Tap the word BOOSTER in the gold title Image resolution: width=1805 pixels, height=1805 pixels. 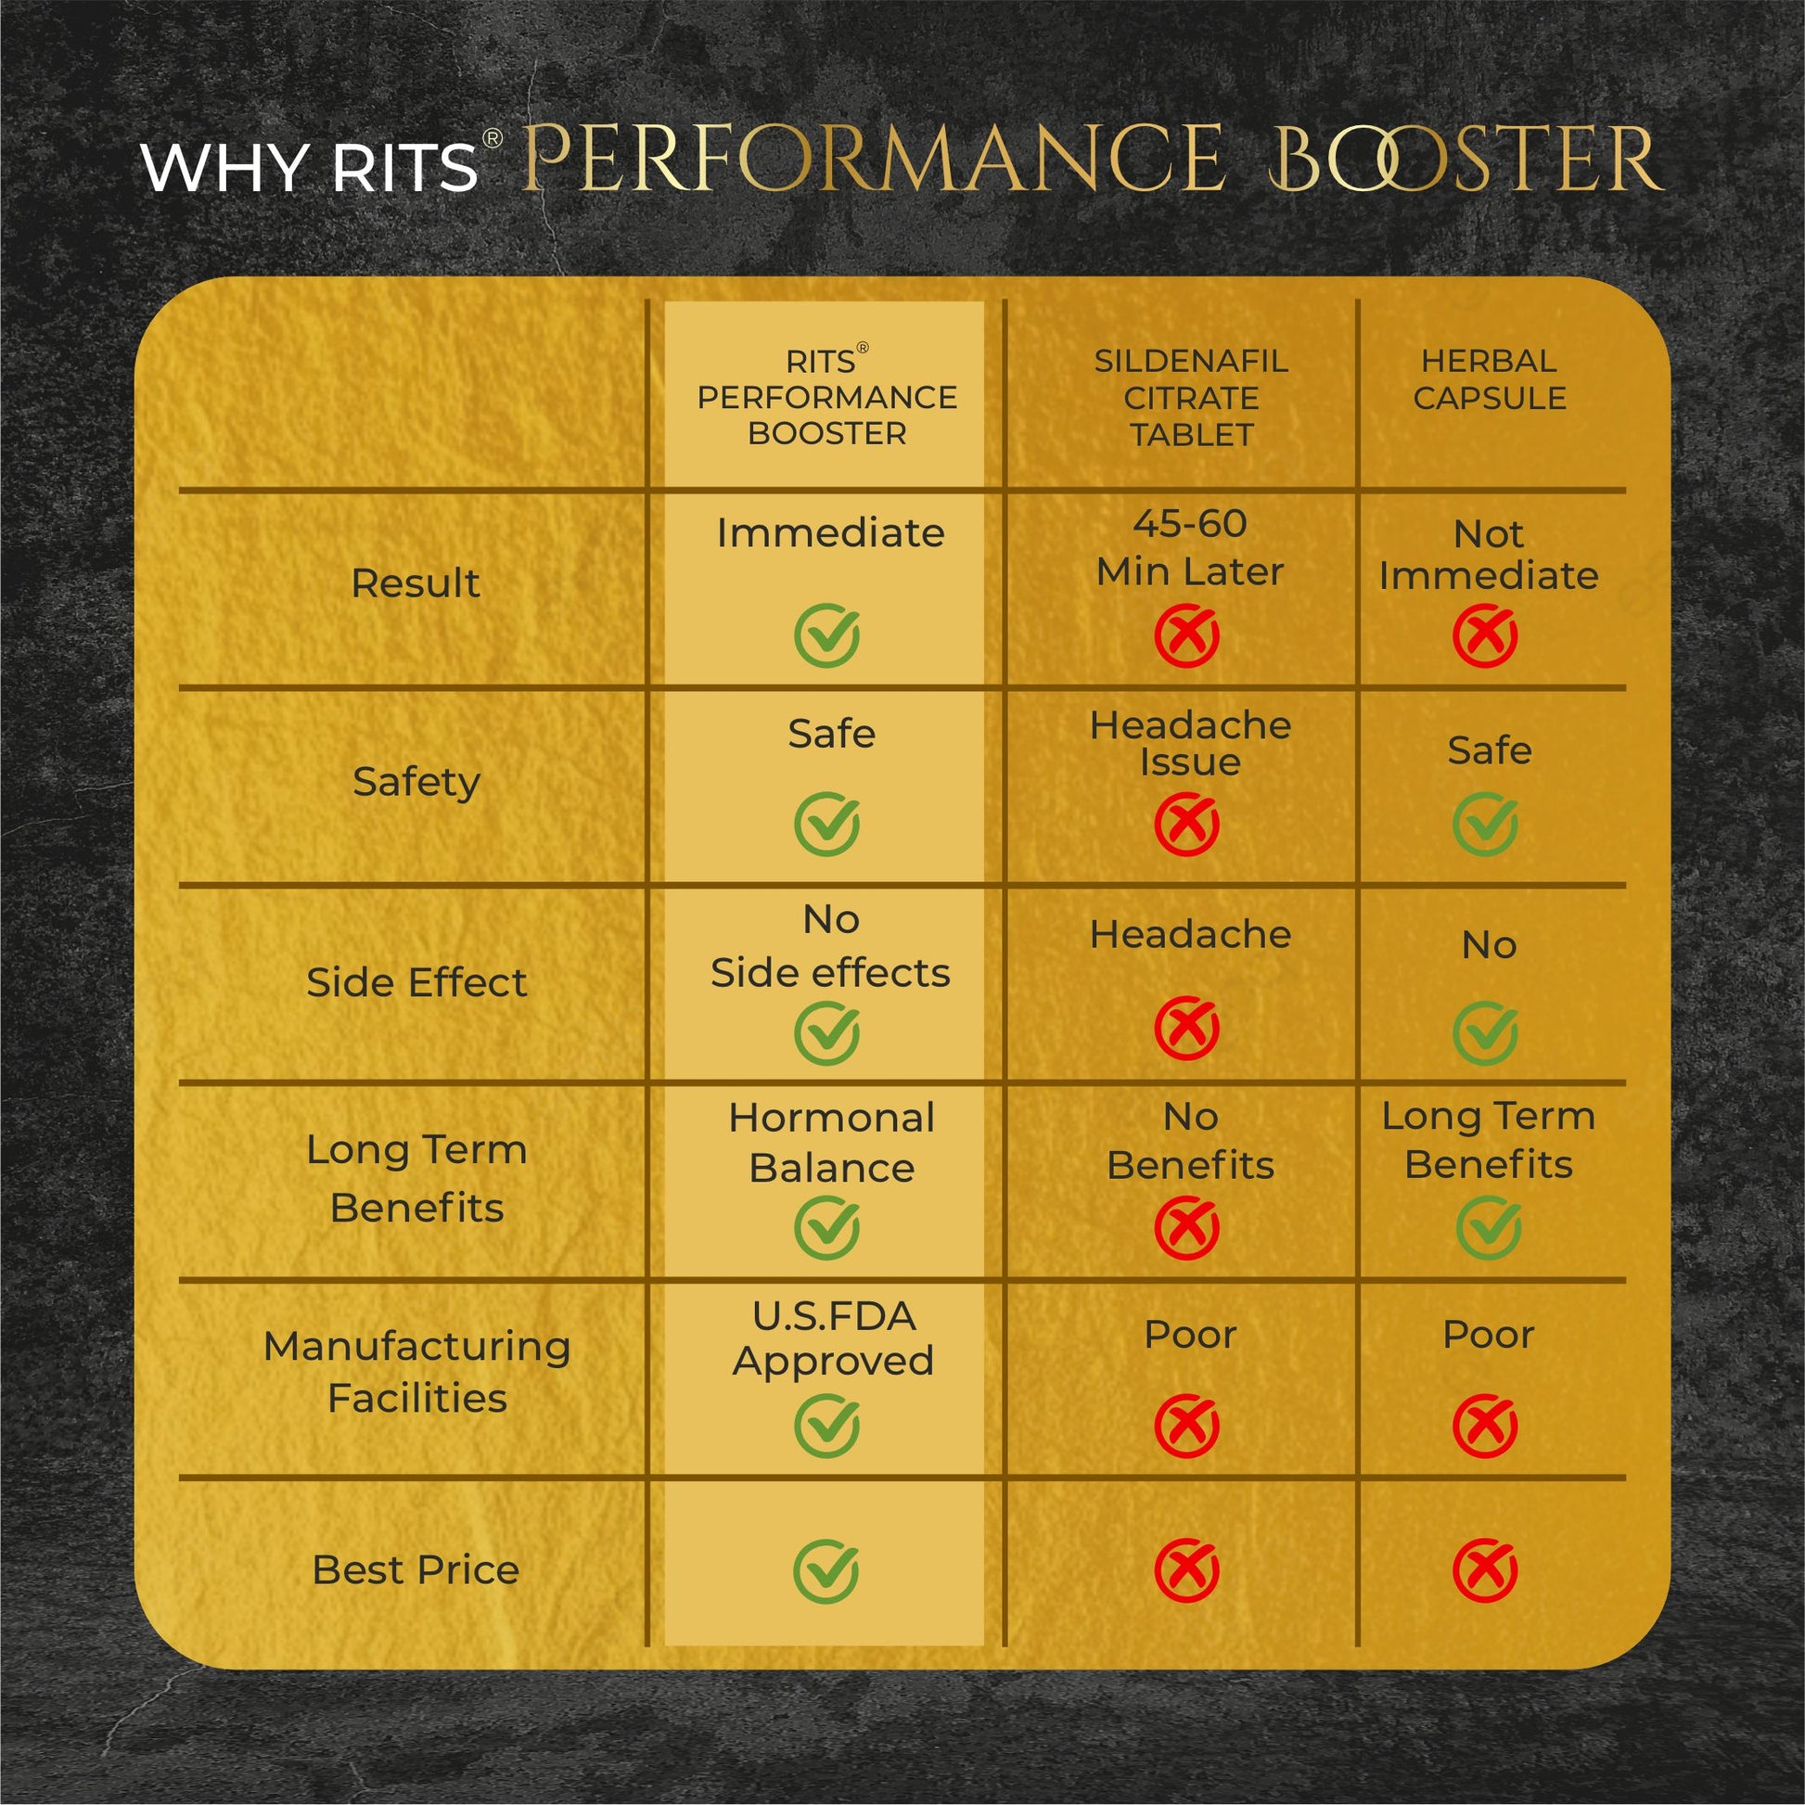[x=1464, y=160]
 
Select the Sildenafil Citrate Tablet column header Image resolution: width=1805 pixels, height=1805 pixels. [x=1191, y=398]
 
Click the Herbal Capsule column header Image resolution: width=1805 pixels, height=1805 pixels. [x=1490, y=379]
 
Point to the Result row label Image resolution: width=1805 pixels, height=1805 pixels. [x=416, y=584]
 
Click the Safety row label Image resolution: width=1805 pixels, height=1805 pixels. [x=416, y=782]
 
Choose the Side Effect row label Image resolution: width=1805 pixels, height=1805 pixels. [x=416, y=983]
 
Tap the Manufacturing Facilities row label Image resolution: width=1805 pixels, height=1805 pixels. [x=416, y=1373]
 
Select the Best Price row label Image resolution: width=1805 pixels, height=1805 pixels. [x=416, y=1570]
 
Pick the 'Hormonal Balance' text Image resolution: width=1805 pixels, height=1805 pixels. [x=831, y=1143]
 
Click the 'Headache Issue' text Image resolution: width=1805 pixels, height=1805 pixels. [x=1190, y=744]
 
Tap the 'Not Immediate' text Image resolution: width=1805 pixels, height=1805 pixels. [x=1489, y=555]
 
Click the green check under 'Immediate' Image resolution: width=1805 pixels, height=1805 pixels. [x=826, y=636]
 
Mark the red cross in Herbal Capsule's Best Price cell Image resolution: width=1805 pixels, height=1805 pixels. [x=1486, y=1570]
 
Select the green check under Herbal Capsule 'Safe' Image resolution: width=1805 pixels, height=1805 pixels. [x=1486, y=824]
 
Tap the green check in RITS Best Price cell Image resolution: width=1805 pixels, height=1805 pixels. [x=826, y=1570]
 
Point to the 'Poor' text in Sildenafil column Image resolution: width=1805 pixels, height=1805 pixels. [x=1190, y=1335]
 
